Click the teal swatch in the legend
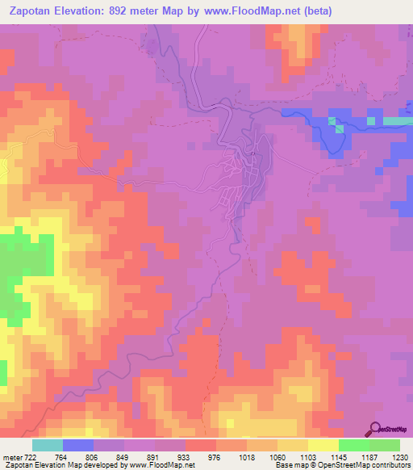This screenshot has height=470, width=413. [x=47, y=445]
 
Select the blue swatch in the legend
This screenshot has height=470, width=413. [x=78, y=445]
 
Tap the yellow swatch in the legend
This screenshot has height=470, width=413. [x=323, y=445]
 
